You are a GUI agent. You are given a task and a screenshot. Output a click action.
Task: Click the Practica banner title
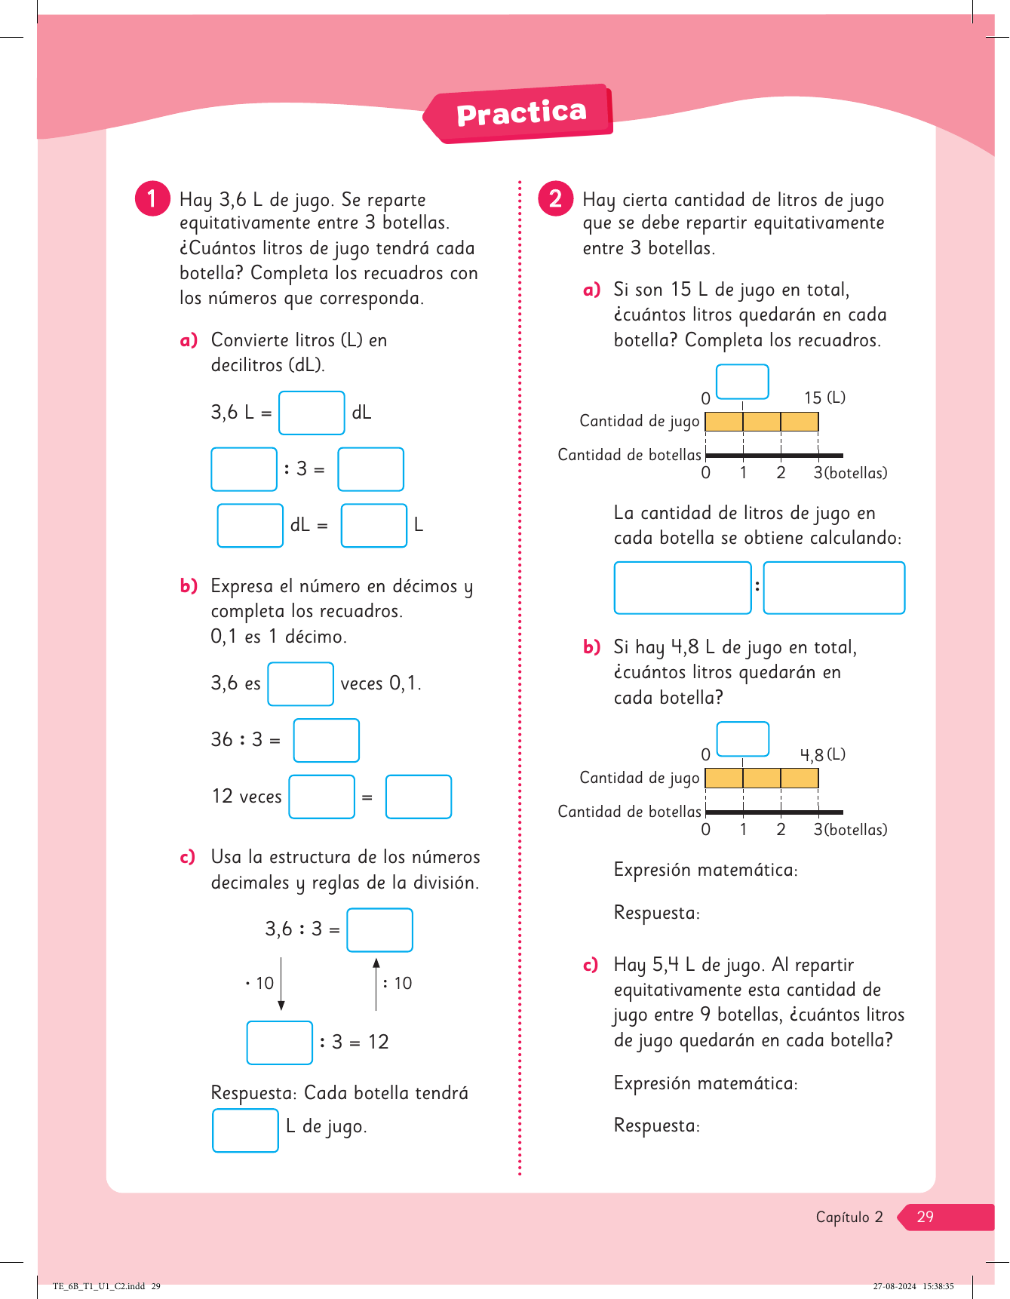(x=521, y=113)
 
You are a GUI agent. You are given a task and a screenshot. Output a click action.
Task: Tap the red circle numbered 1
(x=152, y=198)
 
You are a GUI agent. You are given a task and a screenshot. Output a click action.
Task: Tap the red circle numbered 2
(x=555, y=198)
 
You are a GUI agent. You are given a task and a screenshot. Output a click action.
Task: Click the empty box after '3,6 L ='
(x=312, y=413)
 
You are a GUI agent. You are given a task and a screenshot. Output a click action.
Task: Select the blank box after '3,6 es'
(x=300, y=683)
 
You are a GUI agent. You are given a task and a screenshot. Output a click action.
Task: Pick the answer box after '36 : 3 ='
(x=326, y=740)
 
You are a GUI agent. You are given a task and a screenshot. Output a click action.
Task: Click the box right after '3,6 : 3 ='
(x=379, y=929)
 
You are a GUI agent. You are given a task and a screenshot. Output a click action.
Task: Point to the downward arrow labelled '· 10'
(x=281, y=984)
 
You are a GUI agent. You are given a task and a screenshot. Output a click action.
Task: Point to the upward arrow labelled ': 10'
(x=376, y=984)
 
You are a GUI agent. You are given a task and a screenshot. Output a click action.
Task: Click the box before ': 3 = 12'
(x=280, y=1043)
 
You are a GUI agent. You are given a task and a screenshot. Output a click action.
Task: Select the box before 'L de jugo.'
(x=245, y=1130)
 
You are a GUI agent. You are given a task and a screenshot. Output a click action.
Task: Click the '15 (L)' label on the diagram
(x=824, y=398)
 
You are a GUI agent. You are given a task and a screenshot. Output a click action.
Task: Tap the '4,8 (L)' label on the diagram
(x=822, y=754)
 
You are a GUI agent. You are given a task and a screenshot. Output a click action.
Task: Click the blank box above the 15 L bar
(x=742, y=382)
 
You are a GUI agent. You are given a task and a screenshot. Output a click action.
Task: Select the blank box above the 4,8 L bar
(x=742, y=739)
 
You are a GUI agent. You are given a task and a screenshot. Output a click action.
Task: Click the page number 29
(x=925, y=1216)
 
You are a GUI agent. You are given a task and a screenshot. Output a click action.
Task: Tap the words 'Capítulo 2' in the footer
(x=849, y=1217)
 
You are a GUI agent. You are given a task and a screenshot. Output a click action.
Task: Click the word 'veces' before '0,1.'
(x=362, y=683)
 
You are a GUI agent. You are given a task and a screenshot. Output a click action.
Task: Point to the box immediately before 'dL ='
(x=250, y=525)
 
